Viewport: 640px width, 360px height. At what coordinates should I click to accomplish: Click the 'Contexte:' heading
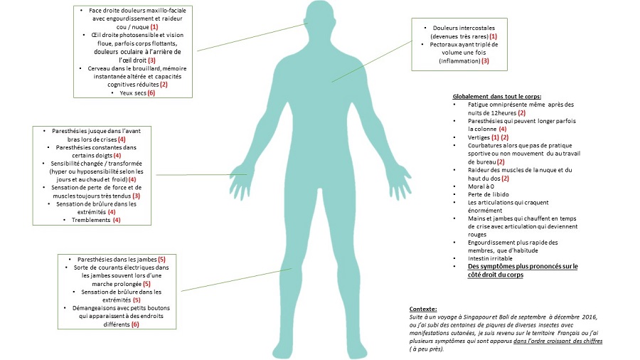coord(424,309)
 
